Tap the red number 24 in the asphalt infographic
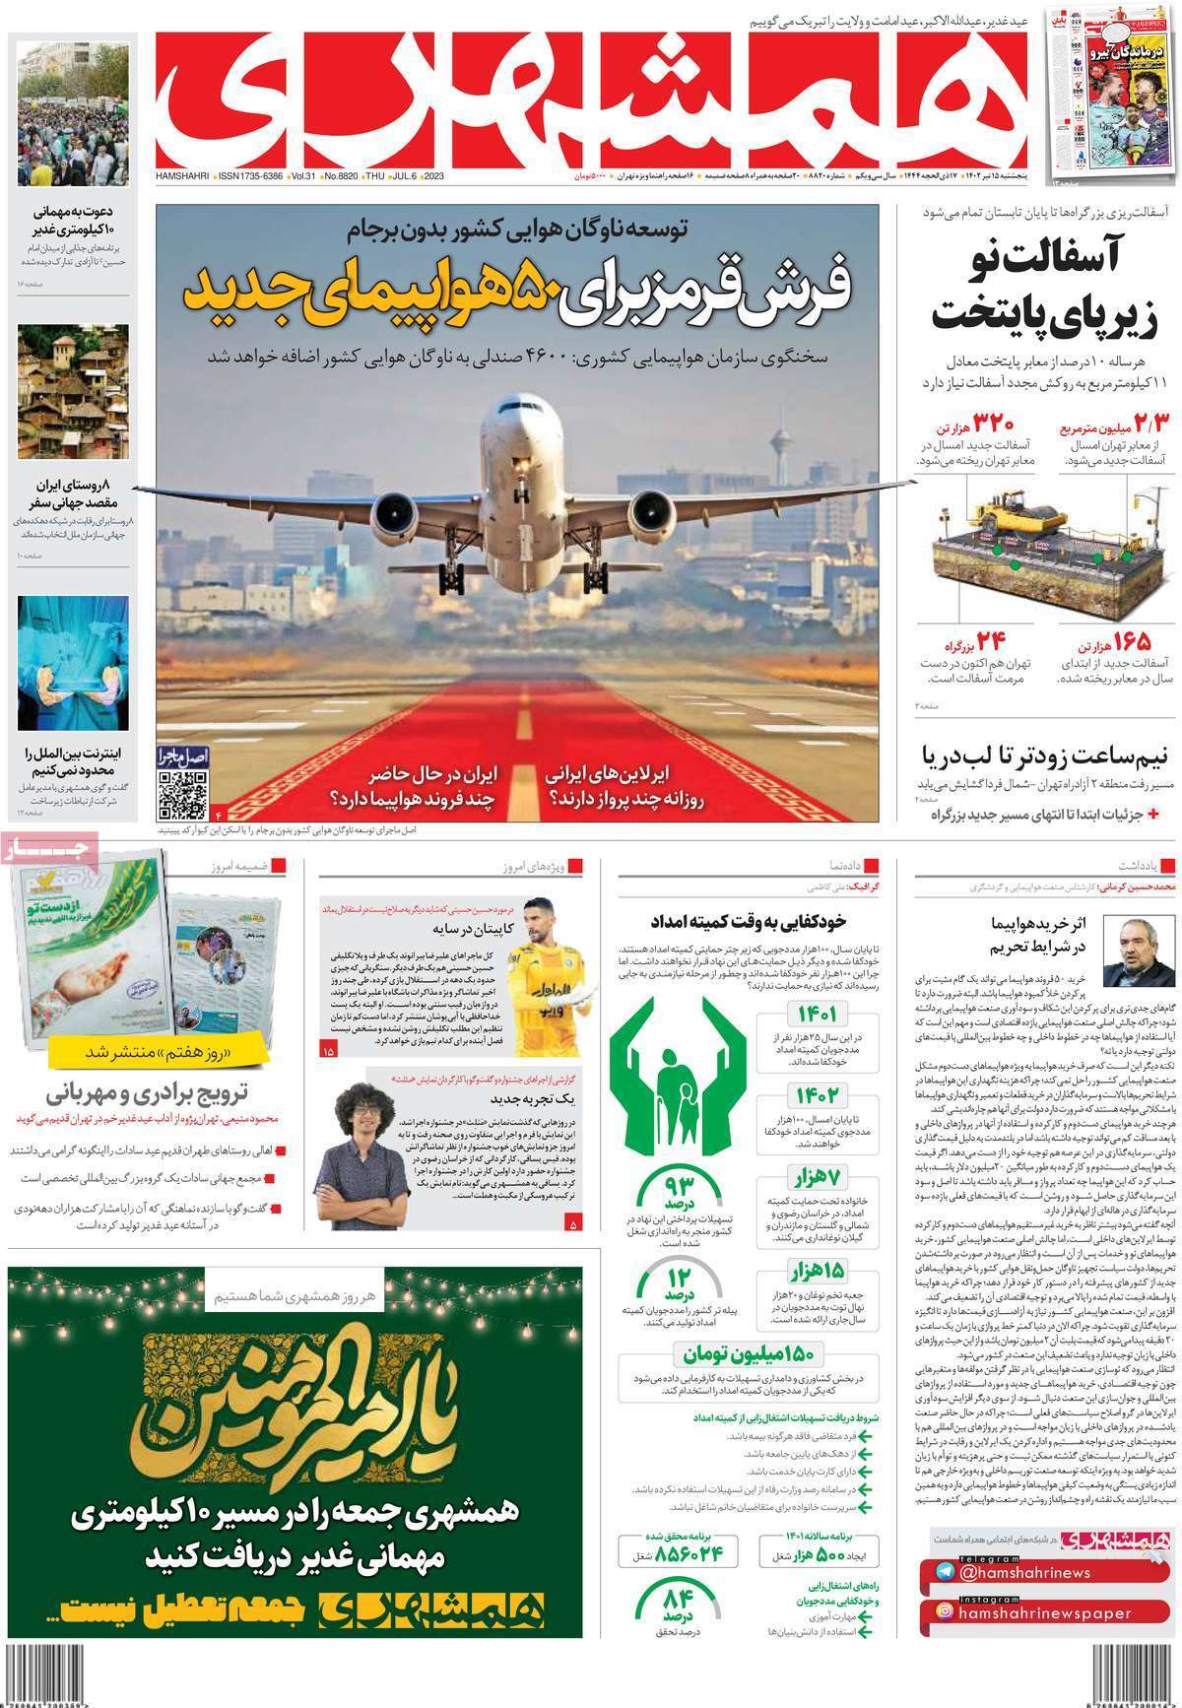click(990, 642)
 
